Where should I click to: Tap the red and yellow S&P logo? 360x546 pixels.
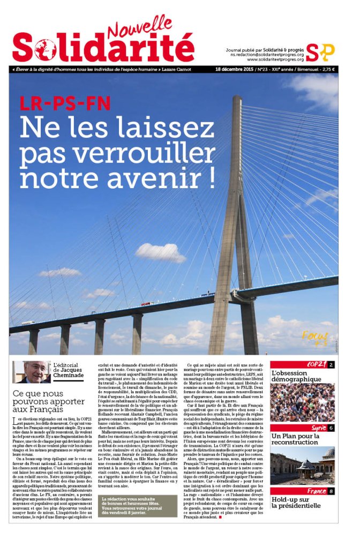pos(320,52)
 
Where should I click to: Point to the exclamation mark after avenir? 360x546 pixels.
pos(211,178)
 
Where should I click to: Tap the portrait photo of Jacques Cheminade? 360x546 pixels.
pos(32,372)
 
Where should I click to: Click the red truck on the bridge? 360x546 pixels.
pos(146,304)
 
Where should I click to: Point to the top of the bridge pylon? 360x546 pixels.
pos(237,99)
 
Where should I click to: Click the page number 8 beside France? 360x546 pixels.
pos(331,491)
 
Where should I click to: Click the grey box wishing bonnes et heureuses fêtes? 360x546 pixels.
pos(139,506)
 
